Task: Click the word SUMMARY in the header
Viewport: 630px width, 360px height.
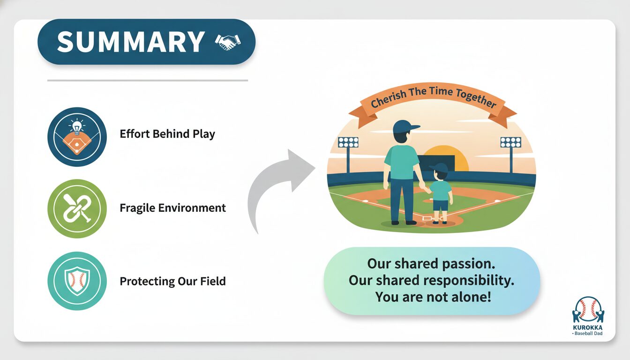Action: pyautogui.click(x=130, y=42)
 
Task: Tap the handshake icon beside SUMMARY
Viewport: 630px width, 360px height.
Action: pyautogui.click(x=228, y=42)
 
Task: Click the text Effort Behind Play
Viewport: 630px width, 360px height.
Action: pyautogui.click(x=167, y=134)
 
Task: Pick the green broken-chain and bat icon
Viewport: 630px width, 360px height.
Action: pyautogui.click(x=77, y=209)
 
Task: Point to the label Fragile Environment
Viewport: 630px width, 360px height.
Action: pyautogui.click(x=172, y=208)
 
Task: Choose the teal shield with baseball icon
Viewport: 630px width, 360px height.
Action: pyautogui.click(x=77, y=281)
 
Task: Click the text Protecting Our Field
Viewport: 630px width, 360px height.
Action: pyautogui.click(x=172, y=281)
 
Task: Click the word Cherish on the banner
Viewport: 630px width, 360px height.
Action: pyautogui.click(x=389, y=99)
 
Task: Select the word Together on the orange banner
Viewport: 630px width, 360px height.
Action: pyautogui.click(x=476, y=98)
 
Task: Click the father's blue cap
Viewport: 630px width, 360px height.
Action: pyautogui.click(x=405, y=127)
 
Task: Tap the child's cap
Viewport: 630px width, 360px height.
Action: pyautogui.click(x=439, y=168)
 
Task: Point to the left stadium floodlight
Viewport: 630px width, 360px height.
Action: pyautogui.click(x=348, y=154)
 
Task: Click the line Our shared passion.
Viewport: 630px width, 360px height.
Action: pyautogui.click(x=431, y=264)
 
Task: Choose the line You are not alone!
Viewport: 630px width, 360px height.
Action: pyautogui.click(x=433, y=297)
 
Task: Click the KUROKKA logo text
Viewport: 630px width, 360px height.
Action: pyautogui.click(x=588, y=328)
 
